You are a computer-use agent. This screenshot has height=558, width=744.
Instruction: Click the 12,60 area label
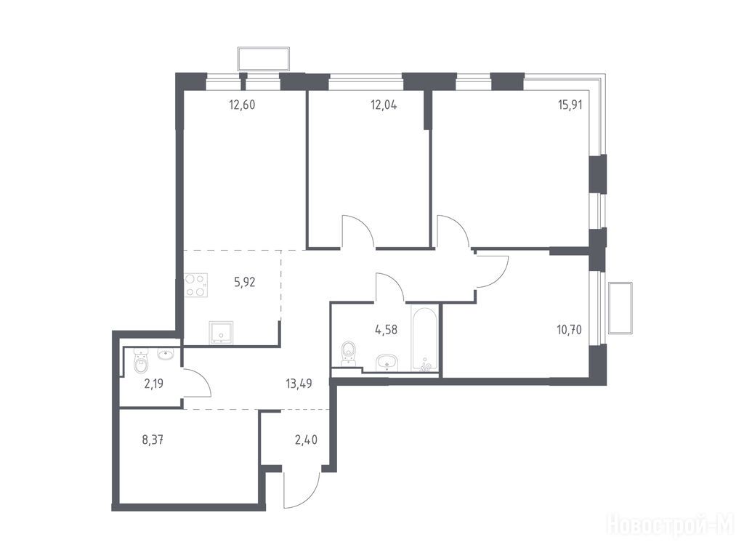tap(242, 105)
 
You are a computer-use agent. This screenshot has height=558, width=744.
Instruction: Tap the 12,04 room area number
tap(384, 105)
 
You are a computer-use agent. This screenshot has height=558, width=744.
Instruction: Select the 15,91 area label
tap(570, 105)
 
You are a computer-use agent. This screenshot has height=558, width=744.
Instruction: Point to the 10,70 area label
tap(570, 329)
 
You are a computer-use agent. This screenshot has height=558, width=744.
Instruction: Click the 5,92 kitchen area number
tap(245, 283)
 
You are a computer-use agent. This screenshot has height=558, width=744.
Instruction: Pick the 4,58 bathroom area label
tap(386, 329)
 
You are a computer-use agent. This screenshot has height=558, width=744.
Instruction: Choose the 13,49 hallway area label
tap(299, 384)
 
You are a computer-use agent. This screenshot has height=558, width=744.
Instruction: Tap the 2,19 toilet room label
tap(154, 384)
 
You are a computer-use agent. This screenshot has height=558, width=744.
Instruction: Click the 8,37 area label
tap(153, 440)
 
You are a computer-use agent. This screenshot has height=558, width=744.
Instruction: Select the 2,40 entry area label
tap(306, 440)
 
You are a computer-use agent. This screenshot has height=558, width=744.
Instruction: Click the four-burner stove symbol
tap(196, 285)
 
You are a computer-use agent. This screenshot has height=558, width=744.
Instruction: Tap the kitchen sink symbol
tap(221, 332)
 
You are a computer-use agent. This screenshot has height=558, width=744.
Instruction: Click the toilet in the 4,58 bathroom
tap(349, 354)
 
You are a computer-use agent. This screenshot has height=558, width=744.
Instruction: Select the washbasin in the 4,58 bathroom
tap(388, 363)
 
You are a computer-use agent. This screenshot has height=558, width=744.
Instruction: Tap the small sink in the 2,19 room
tap(166, 355)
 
